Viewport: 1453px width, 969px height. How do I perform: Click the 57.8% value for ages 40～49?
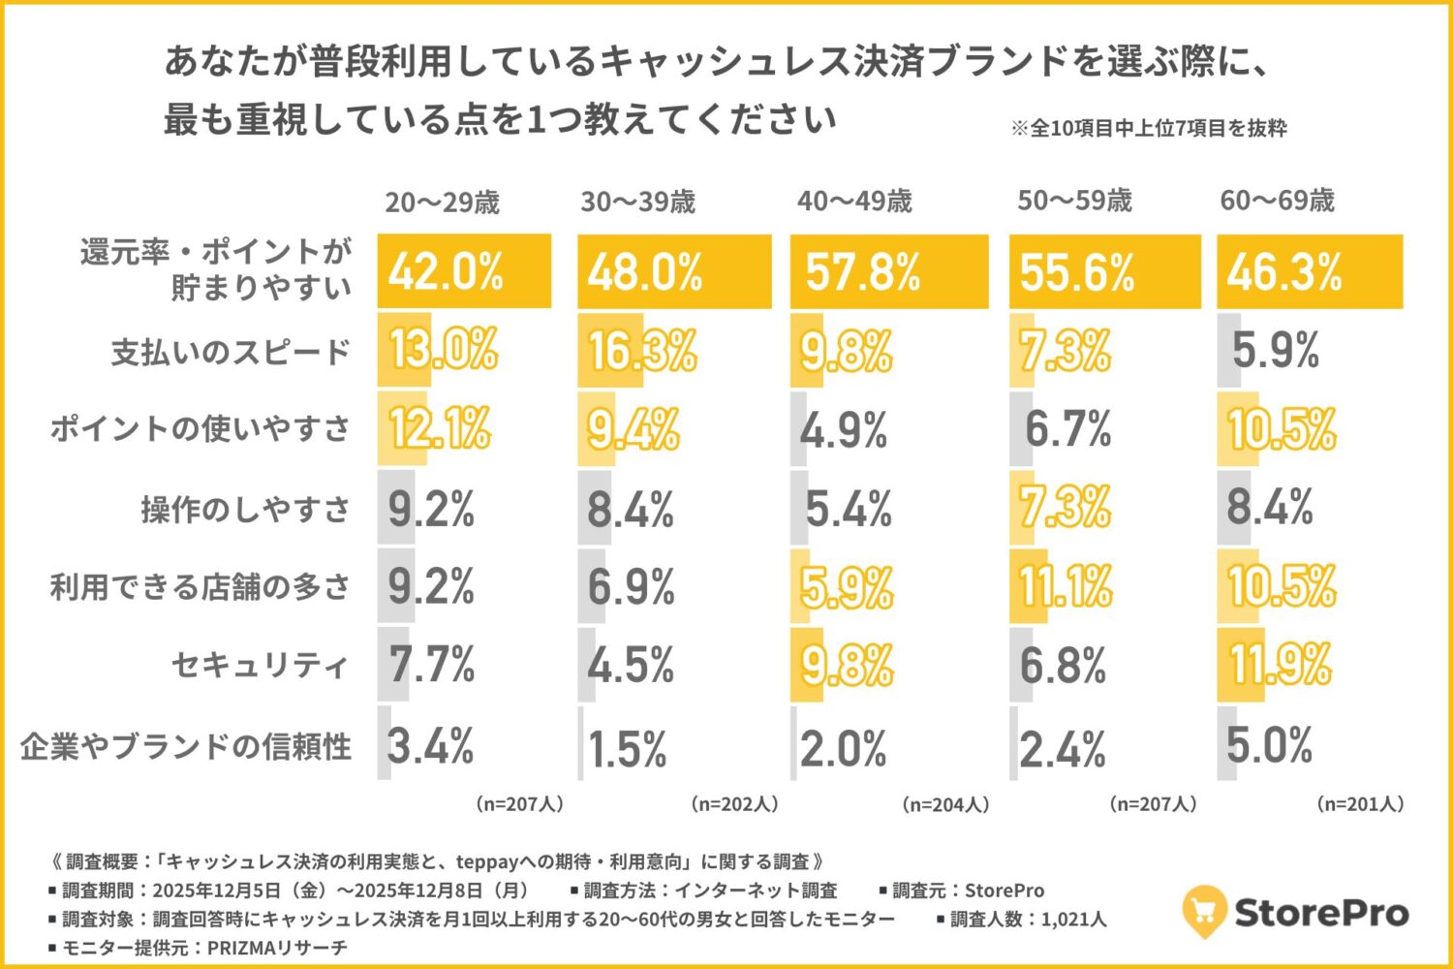862,272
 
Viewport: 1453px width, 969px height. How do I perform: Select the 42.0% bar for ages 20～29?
464,271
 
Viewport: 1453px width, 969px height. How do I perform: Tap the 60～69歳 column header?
1277,201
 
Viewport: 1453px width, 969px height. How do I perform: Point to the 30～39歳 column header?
637,202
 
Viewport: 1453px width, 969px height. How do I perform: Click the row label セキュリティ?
260,666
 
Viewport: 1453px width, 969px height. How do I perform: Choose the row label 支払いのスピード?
230,352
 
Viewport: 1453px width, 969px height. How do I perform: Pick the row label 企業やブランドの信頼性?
186,746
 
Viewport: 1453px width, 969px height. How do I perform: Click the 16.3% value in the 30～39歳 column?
641,351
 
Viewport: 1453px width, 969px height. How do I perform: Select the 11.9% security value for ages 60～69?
1281,666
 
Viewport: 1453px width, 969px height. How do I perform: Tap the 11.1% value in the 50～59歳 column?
1066,587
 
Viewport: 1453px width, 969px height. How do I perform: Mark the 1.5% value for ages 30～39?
628,749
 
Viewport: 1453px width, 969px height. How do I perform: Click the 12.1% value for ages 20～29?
440,429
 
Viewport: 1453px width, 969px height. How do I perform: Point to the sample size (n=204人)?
945,804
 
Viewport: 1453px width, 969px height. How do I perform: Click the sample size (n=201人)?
1360,804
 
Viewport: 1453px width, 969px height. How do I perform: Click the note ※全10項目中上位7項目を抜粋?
1149,129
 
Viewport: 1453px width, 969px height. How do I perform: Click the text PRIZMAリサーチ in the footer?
277,948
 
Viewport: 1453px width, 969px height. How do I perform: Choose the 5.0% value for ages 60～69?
1269,746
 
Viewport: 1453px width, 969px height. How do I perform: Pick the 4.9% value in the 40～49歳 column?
843,430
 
